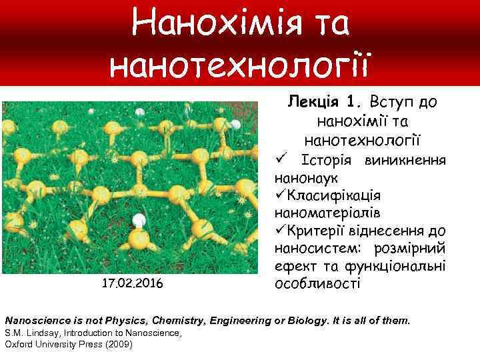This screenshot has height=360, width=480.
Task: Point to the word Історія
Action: pos(326,161)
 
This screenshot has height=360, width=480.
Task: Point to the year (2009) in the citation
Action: pos(118,344)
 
